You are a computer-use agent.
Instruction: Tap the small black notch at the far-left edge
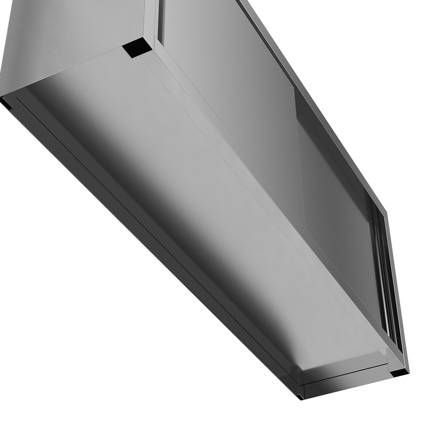point(5,102)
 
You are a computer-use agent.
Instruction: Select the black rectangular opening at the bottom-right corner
point(398,373)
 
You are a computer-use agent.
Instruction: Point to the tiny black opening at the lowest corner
point(298,396)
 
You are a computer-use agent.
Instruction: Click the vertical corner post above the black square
point(152,19)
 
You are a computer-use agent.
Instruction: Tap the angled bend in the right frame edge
point(384,210)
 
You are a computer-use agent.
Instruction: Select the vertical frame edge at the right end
point(398,295)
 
